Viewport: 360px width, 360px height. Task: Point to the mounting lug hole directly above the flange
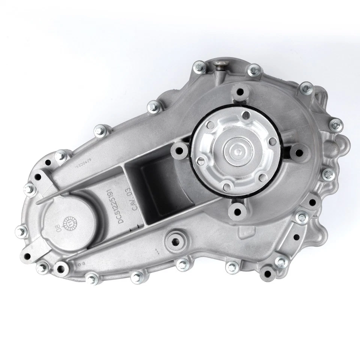tap(239, 91)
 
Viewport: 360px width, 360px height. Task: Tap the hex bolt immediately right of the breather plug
tap(255, 69)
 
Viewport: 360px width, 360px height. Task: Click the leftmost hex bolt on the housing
tap(19, 230)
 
